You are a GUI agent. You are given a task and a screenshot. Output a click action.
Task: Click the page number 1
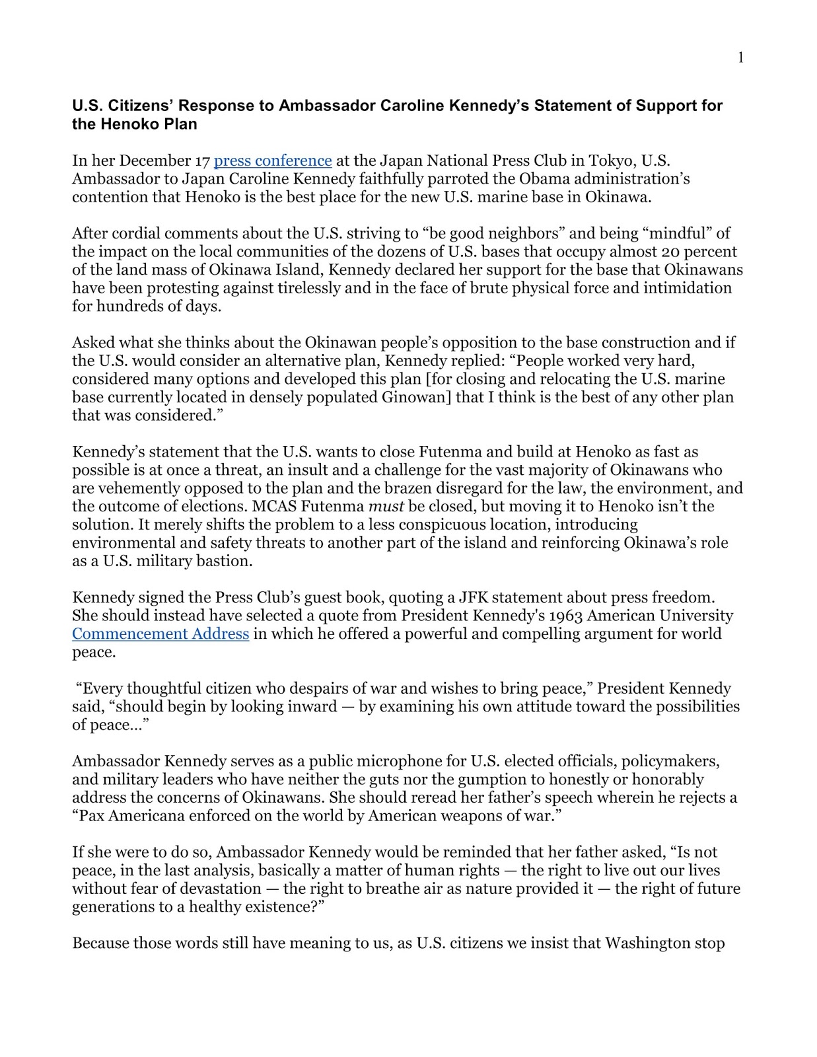pos(740,58)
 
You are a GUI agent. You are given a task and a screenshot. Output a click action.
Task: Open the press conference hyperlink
pos(273,161)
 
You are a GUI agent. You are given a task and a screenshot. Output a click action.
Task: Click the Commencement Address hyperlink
pos(160,634)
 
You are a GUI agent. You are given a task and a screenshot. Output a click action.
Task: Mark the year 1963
pos(563,616)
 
